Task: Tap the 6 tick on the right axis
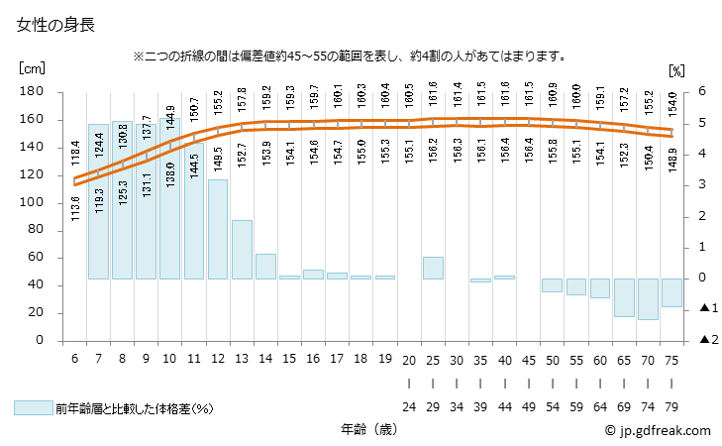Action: coord(701,91)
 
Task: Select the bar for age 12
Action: coord(218,229)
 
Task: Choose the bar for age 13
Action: coord(242,249)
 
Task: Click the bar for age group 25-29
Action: coord(433,268)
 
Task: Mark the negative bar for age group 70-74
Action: coord(648,298)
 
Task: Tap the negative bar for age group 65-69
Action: coord(624,297)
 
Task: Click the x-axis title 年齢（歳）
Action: coord(367,431)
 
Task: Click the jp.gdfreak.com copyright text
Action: coord(658,431)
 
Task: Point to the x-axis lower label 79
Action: coord(672,406)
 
